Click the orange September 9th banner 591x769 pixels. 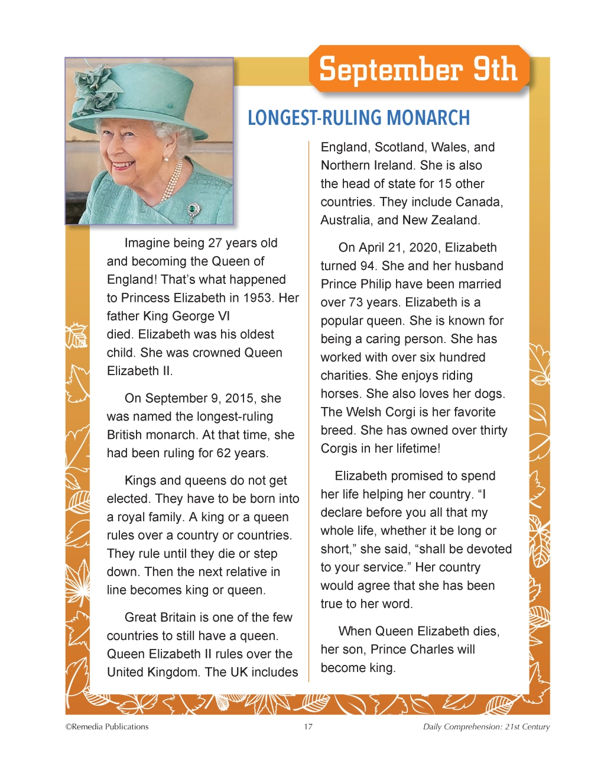418,70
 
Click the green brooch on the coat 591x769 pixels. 192,209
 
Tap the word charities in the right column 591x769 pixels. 346,376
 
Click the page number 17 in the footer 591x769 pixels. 308,727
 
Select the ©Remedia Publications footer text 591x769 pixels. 107,727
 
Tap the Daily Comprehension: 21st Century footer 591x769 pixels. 486,727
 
